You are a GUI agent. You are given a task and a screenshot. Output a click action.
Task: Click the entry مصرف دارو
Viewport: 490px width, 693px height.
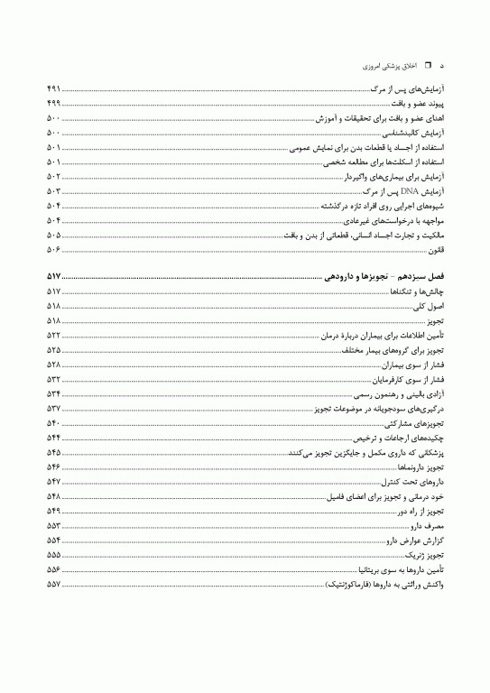(427, 526)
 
